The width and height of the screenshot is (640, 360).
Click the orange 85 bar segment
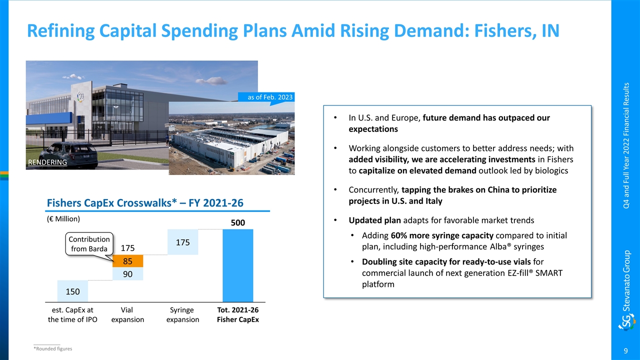pyautogui.click(x=128, y=261)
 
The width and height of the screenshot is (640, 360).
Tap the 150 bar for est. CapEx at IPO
pyautogui.click(x=73, y=291)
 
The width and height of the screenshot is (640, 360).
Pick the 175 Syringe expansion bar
pyautogui.click(x=183, y=242)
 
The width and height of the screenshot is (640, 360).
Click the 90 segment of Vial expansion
pyautogui.click(x=128, y=274)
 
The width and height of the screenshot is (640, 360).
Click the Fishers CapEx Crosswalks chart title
pyautogui.click(x=145, y=203)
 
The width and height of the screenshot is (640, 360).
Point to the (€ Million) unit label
pyautogui.click(x=63, y=218)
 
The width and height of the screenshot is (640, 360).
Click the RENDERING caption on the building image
pyautogui.click(x=47, y=162)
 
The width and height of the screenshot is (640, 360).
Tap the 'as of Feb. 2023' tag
pyautogui.click(x=270, y=97)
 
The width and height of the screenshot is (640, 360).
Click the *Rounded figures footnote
pyautogui.click(x=52, y=348)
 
